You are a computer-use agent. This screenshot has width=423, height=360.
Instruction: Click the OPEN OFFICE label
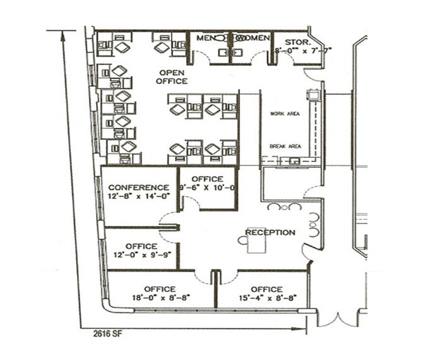(172, 77)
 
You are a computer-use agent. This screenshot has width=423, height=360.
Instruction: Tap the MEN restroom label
(205, 39)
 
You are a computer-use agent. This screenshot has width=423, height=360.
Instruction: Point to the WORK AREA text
(285, 114)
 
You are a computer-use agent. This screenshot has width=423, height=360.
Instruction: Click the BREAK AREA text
(285, 146)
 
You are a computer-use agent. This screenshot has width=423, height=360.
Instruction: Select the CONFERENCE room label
(138, 188)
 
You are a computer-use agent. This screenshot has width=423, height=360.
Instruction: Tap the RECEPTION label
(270, 232)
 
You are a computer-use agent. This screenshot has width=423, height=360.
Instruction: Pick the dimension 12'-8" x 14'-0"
(138, 196)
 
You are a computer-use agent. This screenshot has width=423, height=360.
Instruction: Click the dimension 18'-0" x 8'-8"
(159, 297)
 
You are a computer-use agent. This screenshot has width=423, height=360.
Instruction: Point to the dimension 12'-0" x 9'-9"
(141, 255)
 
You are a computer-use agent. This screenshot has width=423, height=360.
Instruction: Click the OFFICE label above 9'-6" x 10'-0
(207, 179)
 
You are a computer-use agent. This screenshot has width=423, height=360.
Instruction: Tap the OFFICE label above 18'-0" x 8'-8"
(159, 289)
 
